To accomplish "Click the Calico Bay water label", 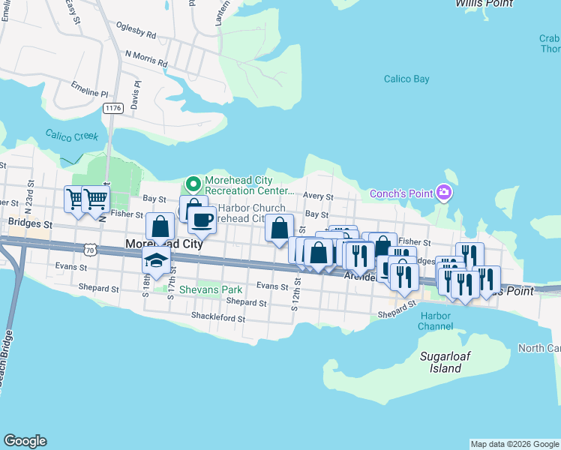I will [406, 79].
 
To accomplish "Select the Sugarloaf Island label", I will [440, 362].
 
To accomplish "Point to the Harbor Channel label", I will [435, 321].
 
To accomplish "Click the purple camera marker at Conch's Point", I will [445, 194].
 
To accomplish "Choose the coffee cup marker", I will [202, 220].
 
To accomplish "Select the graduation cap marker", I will [156, 259].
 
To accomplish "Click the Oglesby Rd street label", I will [136, 34].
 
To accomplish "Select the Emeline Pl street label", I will [89, 91].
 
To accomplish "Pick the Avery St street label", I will [318, 196].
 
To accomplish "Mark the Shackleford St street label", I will [217, 318].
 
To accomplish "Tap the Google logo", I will [25, 441].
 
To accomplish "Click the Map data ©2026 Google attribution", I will [514, 444].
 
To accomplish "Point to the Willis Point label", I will [484, 4].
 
